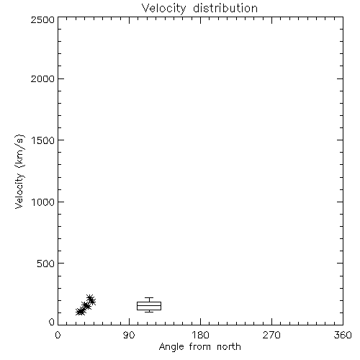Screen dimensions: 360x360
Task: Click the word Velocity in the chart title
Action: (163, 8)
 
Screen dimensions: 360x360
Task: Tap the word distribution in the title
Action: (225, 8)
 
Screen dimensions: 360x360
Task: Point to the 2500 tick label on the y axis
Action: (42, 19)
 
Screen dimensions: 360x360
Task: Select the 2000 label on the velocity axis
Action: (42, 78)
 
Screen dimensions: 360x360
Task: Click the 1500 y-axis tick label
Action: (43, 140)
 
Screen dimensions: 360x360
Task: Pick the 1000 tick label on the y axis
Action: (43, 202)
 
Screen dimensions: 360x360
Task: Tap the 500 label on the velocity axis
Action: (46, 264)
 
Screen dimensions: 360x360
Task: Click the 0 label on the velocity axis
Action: (52, 322)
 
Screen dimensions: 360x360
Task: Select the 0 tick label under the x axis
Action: (58, 335)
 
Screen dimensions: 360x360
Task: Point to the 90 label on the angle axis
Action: (129, 335)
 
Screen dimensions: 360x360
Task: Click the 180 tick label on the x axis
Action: (200, 335)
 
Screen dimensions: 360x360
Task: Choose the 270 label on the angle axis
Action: (271, 335)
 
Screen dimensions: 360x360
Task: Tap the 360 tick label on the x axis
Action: (343, 335)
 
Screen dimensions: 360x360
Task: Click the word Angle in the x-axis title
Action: (171, 347)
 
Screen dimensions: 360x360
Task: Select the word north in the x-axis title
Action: (229, 347)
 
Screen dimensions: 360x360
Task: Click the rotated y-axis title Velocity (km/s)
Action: (19, 171)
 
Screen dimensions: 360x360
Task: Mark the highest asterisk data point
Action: (90, 299)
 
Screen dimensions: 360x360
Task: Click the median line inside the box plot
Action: (149, 305)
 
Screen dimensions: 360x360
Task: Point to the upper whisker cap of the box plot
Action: (149, 298)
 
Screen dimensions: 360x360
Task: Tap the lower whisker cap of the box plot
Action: (149, 312)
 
